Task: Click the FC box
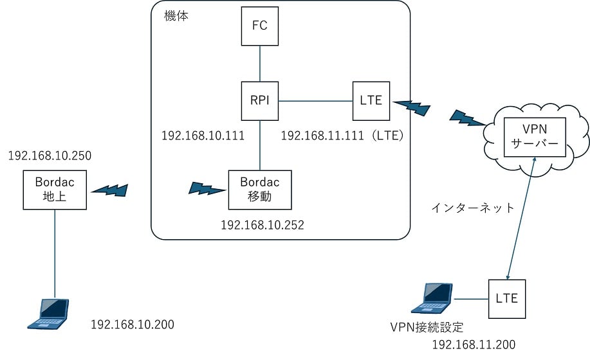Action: pyautogui.click(x=260, y=26)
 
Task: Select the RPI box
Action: pyautogui.click(x=260, y=100)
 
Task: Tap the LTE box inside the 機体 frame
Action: pyautogui.click(x=371, y=100)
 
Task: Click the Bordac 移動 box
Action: pyautogui.click(x=260, y=190)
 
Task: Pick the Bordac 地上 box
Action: pyautogui.click(x=54, y=190)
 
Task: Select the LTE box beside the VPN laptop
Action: pyautogui.click(x=507, y=299)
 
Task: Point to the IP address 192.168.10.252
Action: pyautogui.click(x=263, y=226)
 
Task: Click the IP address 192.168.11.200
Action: pyautogui.click(x=474, y=345)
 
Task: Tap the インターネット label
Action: pyautogui.click(x=473, y=208)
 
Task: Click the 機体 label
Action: pyautogui.click(x=177, y=14)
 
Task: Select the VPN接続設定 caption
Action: pyautogui.click(x=427, y=327)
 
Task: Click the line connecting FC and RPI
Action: pyautogui.click(x=260, y=63)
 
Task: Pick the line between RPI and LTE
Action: pyautogui.click(x=316, y=100)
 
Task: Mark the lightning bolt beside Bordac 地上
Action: pyautogui.click(x=110, y=190)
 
